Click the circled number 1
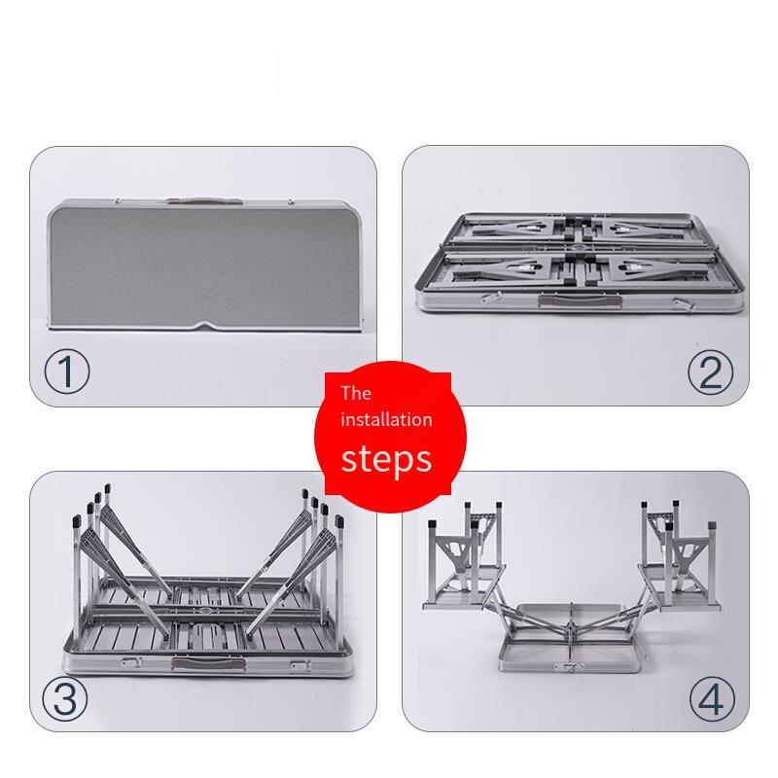[x=67, y=372]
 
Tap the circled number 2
[x=711, y=372]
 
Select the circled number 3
[x=65, y=698]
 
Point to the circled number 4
[x=713, y=698]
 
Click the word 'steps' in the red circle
[x=386, y=459]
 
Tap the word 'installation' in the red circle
[x=386, y=420]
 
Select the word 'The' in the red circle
[x=356, y=394]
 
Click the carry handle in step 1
[x=204, y=201]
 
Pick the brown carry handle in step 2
[x=580, y=301]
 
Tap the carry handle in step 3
[x=209, y=664]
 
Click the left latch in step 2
[x=490, y=298]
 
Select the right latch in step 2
[x=684, y=304]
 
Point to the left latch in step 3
[x=131, y=662]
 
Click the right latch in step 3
[x=301, y=665]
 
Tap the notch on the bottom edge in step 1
[x=204, y=326]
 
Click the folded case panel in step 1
[x=203, y=265]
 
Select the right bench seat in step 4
[x=680, y=586]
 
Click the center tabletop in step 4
[x=571, y=638]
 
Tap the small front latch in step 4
[x=571, y=667]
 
